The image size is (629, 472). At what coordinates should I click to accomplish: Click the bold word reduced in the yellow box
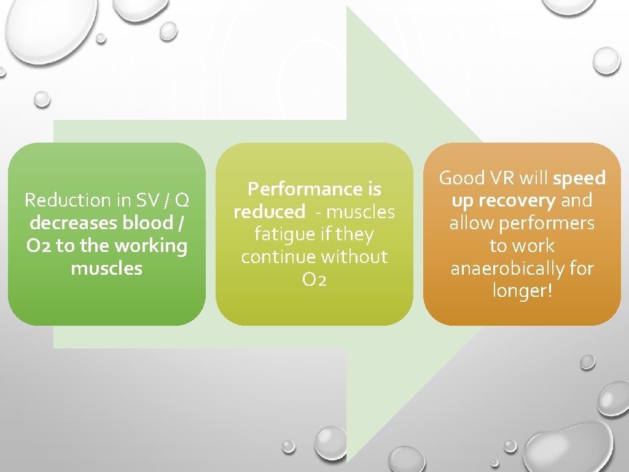click(x=268, y=212)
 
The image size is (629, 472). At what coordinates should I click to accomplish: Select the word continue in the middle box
click(x=275, y=257)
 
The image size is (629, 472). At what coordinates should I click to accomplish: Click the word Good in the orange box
click(x=462, y=178)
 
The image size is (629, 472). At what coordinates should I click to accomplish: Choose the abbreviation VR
click(x=504, y=178)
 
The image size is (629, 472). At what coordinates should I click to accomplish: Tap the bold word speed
click(x=579, y=178)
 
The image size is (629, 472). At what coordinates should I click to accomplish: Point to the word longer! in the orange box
click(x=522, y=291)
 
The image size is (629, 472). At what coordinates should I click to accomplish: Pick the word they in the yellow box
click(x=355, y=234)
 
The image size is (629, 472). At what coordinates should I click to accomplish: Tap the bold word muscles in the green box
click(x=106, y=269)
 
